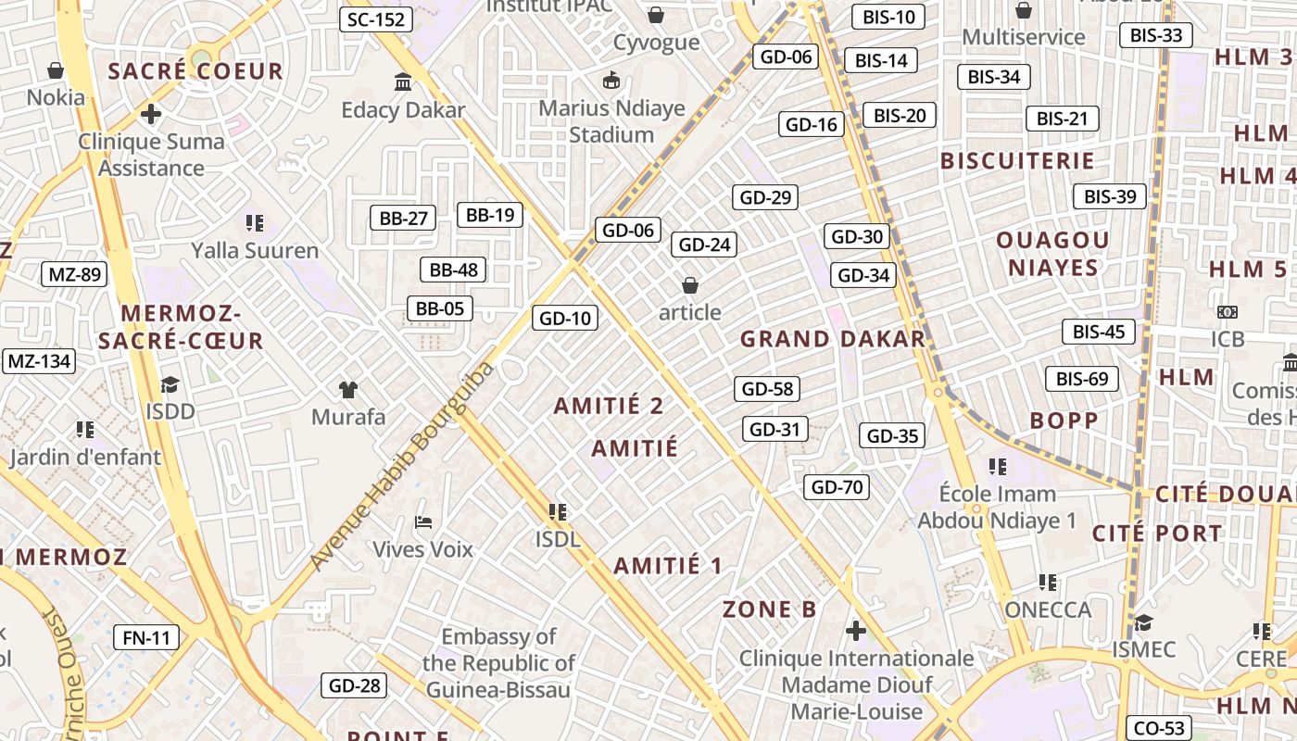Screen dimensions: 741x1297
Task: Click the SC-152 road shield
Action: [375, 19]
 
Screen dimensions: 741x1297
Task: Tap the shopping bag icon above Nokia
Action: [56, 70]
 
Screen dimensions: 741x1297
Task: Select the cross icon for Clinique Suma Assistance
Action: [150, 114]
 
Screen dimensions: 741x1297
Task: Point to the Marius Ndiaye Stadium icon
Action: [611, 81]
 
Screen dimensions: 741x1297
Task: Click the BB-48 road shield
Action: [453, 270]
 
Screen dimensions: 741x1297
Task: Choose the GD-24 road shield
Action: [705, 245]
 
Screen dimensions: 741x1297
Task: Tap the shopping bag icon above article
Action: [689, 284]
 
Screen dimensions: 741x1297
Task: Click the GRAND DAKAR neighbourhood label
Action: [833, 339]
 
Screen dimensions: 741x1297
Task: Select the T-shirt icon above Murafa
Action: [348, 389]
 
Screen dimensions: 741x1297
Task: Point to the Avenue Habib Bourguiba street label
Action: [402, 466]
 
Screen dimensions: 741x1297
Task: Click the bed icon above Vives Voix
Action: [423, 522]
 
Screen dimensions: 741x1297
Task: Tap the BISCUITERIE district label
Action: [1017, 161]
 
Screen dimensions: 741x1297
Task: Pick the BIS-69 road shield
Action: [1082, 379]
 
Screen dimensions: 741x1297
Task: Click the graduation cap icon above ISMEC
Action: [1143, 622]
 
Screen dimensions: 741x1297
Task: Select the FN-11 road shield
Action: [146, 637]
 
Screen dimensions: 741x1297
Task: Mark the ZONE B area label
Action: [770, 609]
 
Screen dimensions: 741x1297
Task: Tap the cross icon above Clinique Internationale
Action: [856, 631]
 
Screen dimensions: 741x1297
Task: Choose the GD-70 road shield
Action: [837, 486]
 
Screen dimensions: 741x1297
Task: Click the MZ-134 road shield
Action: [39, 361]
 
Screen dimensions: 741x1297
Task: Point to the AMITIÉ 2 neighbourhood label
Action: [609, 406]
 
